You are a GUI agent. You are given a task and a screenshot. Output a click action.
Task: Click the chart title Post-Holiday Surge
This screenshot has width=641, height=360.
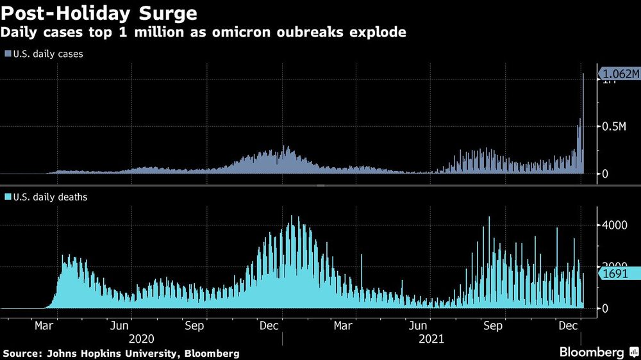[99, 13]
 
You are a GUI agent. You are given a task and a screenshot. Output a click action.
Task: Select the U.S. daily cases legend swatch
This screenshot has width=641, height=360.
[7, 54]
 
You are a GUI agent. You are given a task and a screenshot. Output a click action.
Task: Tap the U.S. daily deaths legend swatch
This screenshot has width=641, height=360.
[7, 197]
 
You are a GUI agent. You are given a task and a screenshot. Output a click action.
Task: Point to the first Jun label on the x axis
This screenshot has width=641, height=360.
[121, 326]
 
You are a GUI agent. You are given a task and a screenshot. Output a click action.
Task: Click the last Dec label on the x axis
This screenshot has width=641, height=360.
[568, 326]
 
